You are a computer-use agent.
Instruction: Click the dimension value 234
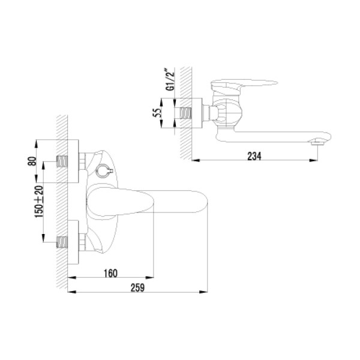(x=255, y=155)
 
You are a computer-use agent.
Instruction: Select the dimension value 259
(x=137, y=287)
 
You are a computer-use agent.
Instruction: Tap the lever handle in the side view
(x=240, y=85)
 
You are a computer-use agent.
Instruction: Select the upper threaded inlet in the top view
(x=62, y=161)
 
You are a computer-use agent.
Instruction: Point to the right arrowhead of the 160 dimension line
(x=154, y=277)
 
